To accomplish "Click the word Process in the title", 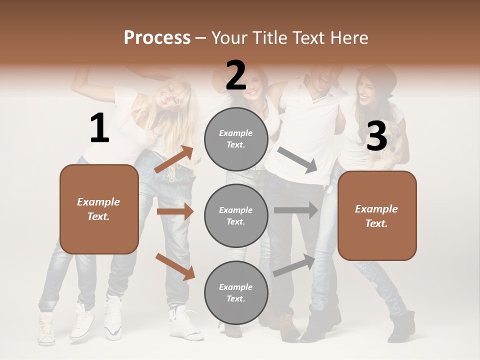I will click(x=157, y=38).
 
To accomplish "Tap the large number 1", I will click(x=99, y=129).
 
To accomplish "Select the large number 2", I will click(x=236, y=76).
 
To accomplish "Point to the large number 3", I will click(x=376, y=136).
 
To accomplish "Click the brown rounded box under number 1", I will click(x=99, y=209).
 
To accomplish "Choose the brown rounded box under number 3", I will click(x=377, y=215).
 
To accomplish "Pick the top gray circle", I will click(x=236, y=139).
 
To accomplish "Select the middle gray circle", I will click(x=236, y=215).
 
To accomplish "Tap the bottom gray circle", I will click(x=236, y=292).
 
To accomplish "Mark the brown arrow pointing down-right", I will click(x=175, y=266).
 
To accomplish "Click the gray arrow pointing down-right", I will click(x=297, y=160).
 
